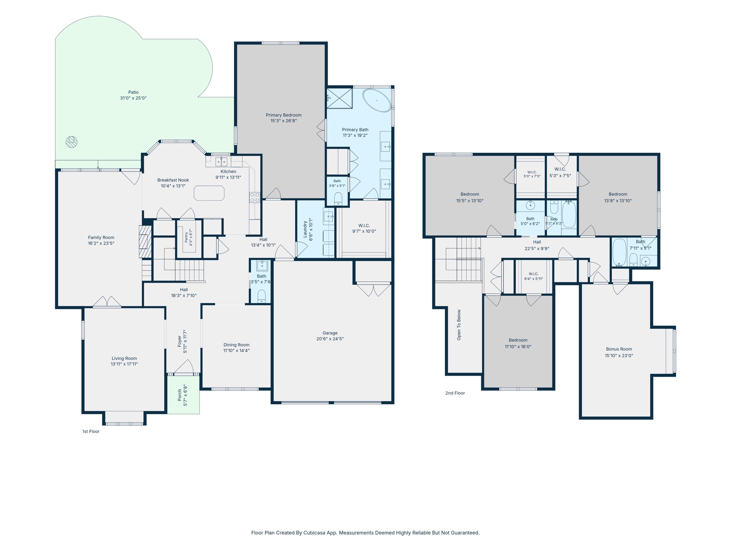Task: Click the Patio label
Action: tap(134, 92)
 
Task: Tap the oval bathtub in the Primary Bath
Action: tap(377, 100)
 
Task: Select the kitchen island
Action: tap(209, 193)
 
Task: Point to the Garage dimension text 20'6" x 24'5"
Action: tap(330, 339)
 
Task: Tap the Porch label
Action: tap(180, 395)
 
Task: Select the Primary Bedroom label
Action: tap(284, 115)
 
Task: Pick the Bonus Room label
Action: tap(619, 349)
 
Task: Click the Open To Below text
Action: tap(459, 325)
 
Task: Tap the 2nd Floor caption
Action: tap(455, 393)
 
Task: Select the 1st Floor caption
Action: tap(91, 431)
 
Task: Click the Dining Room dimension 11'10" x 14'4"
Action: tap(236, 350)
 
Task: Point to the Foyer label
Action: tap(180, 341)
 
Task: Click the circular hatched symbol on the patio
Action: tap(72, 142)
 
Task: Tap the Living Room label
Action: tap(124, 358)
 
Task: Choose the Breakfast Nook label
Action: tap(173, 180)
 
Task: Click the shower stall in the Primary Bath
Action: tap(340, 98)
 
